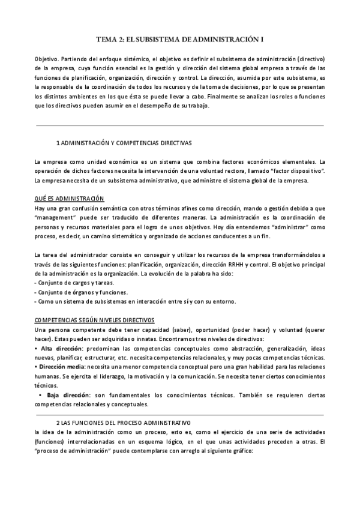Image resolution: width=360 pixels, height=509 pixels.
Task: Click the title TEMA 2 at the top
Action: point(180,40)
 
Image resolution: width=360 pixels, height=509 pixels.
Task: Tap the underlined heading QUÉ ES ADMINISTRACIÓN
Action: point(69,199)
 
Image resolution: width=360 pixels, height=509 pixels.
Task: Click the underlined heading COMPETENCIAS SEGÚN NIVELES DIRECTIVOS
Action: point(94,321)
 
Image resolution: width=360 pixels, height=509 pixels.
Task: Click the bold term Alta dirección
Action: point(62,349)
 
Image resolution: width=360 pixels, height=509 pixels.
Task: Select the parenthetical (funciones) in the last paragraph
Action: point(52,442)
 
